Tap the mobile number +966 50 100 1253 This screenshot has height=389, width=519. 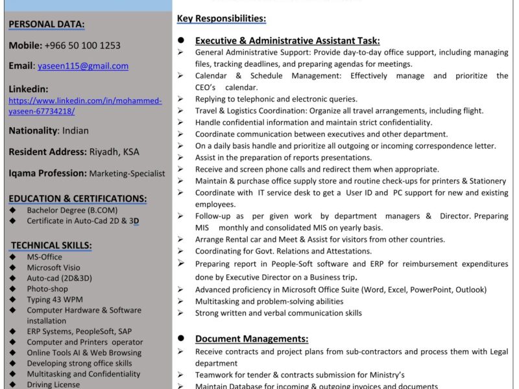click(x=82, y=45)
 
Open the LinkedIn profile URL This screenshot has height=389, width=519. click(x=85, y=106)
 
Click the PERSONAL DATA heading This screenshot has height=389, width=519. click(x=47, y=25)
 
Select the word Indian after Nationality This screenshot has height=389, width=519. click(x=75, y=130)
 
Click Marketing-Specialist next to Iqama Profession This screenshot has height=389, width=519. click(x=127, y=174)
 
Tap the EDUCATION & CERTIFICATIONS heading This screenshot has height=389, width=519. click(x=78, y=198)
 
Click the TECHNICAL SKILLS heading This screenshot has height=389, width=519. click(x=51, y=245)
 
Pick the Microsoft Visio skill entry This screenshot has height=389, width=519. click(x=53, y=268)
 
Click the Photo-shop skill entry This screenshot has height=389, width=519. click(x=47, y=289)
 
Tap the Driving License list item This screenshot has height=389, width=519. click(x=53, y=384)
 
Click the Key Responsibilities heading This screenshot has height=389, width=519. click(x=221, y=19)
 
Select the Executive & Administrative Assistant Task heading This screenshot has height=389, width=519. click(x=287, y=40)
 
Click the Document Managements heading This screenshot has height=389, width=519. click(x=252, y=338)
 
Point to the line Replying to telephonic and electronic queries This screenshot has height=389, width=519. click(x=276, y=99)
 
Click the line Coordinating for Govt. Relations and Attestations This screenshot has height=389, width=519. click(x=284, y=251)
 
